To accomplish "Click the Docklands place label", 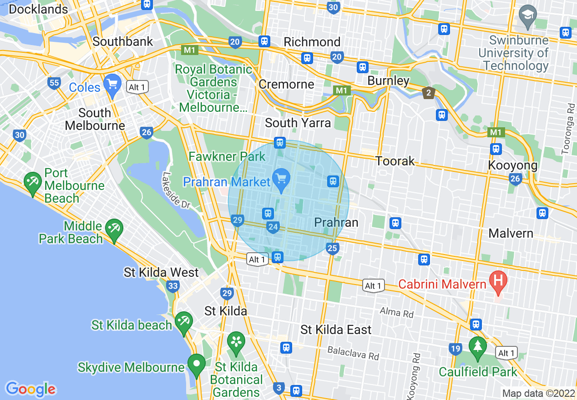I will [x=38, y=9].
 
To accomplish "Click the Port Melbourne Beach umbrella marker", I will [x=32, y=182].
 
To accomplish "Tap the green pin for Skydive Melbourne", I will [x=197, y=365].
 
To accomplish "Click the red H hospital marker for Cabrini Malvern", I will [x=498, y=280].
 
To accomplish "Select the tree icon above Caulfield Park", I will [x=477, y=347].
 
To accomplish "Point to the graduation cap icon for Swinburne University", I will [x=528, y=15].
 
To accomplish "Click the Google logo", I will [x=30, y=389].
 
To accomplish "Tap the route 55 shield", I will [x=54, y=83].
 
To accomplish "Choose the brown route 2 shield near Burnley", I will [x=428, y=93].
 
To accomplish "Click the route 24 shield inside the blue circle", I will [x=273, y=227].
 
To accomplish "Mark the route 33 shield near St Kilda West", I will [x=172, y=286].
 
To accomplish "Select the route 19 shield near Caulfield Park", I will [x=455, y=349].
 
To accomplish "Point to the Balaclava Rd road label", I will [x=353, y=353].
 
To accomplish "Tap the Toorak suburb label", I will [x=395, y=161].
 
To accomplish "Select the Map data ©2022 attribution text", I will [x=538, y=393].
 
